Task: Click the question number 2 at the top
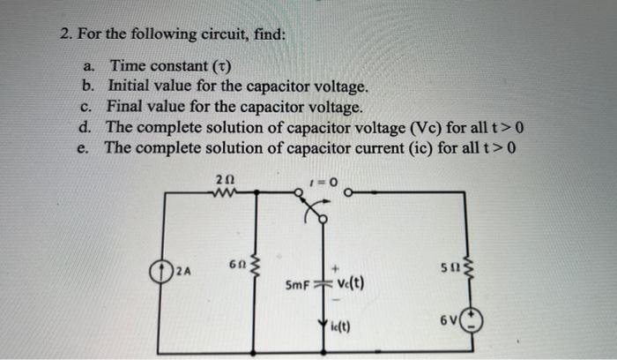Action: [x=64, y=35]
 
